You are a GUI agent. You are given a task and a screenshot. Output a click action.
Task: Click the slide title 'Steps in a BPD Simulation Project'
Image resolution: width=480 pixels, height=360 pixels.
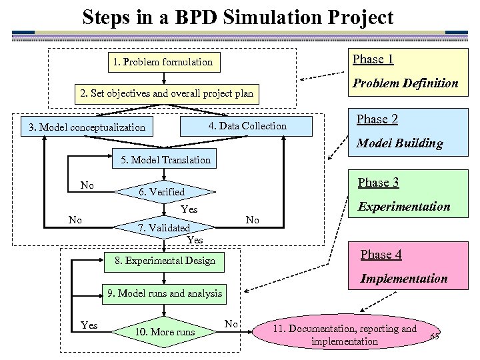coord(238,17)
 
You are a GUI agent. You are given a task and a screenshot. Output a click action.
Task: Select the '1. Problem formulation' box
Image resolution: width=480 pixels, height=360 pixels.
coord(163,62)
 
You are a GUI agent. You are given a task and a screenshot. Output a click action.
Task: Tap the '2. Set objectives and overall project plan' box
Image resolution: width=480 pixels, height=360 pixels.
coord(167,93)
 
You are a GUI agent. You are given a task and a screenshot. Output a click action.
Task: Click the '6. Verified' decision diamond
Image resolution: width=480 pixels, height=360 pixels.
coord(161,192)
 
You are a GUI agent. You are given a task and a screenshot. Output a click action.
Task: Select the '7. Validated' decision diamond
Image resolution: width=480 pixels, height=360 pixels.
coord(164,228)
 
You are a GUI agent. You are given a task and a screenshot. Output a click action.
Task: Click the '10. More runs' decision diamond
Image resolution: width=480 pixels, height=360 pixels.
coord(165,331)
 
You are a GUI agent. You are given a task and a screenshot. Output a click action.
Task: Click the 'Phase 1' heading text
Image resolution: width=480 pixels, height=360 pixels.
coord(373,59)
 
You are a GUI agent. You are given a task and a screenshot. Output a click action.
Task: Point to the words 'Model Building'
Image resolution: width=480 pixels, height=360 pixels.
coord(399,143)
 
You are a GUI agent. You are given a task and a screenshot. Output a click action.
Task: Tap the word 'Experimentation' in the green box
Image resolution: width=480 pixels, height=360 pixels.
coord(404,207)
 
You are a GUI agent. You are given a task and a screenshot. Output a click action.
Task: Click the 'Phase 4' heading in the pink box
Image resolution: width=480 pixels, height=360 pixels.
coord(381,254)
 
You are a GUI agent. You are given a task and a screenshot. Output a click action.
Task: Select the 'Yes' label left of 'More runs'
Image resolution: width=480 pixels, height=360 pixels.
coord(89,325)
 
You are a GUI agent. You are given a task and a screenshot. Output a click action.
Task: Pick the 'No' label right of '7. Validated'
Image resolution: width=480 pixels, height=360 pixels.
coord(252,220)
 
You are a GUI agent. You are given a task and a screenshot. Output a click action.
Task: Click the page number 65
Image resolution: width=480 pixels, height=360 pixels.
coord(435,336)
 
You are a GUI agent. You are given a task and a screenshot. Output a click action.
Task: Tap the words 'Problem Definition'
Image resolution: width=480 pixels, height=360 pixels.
coord(405,83)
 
